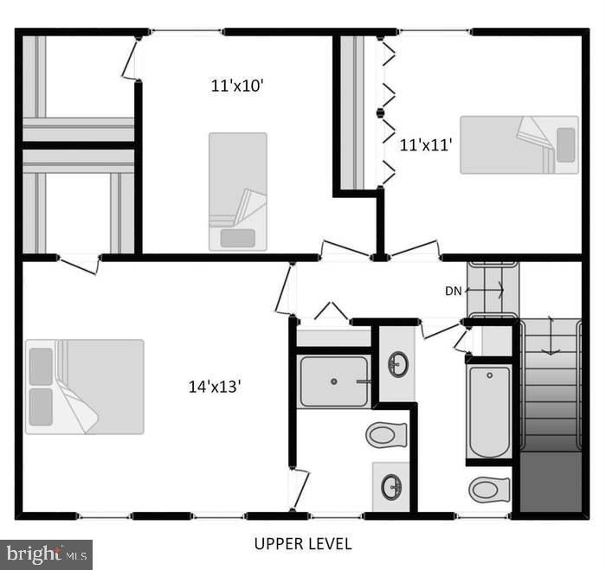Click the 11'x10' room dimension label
[237, 86]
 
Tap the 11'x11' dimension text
[426, 145]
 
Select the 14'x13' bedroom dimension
[215, 386]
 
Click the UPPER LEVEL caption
[303, 544]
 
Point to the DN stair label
[454, 291]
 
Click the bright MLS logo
[47, 555]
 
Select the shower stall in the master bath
[334, 381]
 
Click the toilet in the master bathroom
[386, 435]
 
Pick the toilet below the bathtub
[489, 490]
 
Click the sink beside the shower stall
[397, 364]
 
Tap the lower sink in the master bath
[391, 487]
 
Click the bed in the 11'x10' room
[238, 192]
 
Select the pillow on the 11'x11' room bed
[566, 144]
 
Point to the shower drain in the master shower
[334, 381]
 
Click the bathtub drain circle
[490, 375]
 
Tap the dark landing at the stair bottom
[551, 482]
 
